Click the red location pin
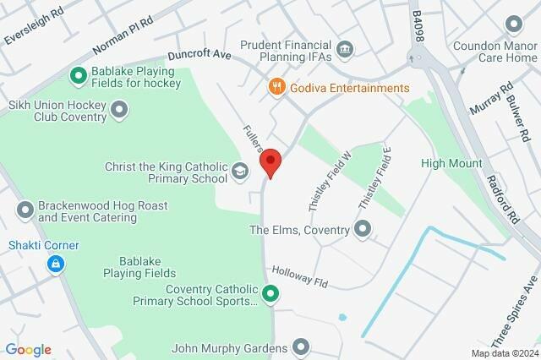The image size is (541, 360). tap(270, 161)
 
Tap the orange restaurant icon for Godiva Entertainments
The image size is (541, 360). tap(276, 87)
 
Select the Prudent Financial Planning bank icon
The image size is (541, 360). tap(345, 47)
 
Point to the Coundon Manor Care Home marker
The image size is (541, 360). tap(512, 25)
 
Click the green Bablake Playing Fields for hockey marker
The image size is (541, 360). tap(79, 77)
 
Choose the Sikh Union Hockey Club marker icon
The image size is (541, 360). tap(119, 108)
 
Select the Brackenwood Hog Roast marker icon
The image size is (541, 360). tap(25, 208)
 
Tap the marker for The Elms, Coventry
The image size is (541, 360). tap(363, 227)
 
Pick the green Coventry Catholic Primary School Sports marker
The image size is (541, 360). tap(270, 295)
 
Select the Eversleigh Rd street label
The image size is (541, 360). tap(34, 29)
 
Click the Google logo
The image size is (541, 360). tap(28, 349)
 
